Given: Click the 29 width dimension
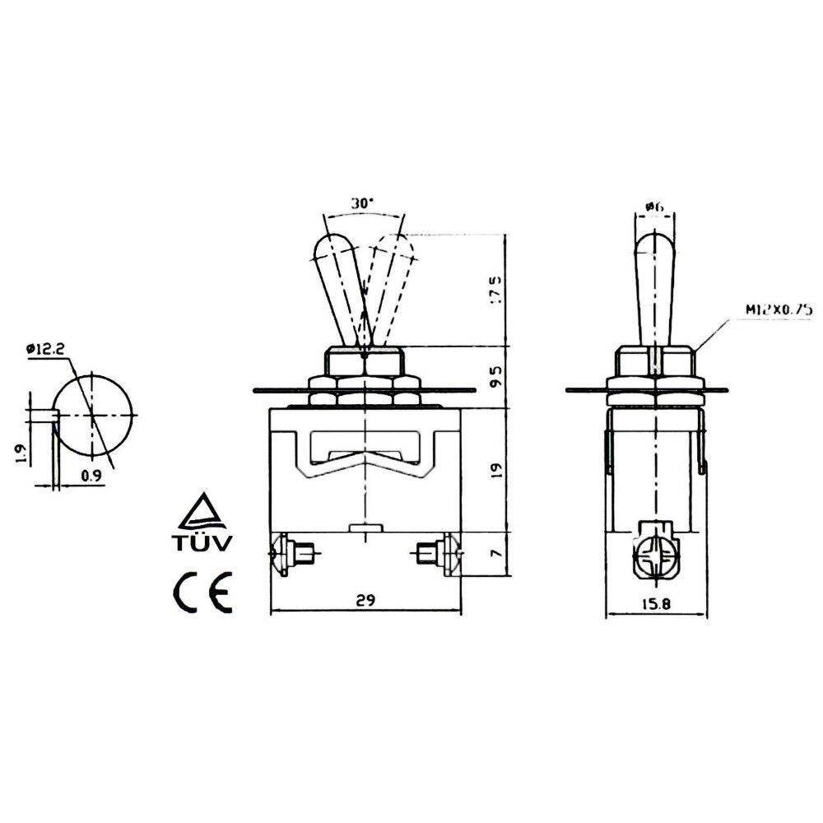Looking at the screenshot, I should (366, 601).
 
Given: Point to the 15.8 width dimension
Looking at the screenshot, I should (657, 603).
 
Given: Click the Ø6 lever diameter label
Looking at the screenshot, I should (655, 207).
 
